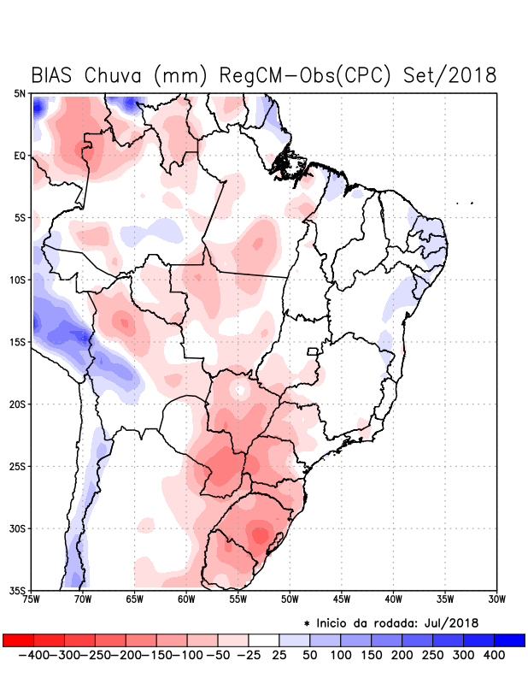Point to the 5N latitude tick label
[x=20, y=93]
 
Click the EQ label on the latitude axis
[x=20, y=156]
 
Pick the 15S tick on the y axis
[x=18, y=342]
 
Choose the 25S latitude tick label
[x=18, y=467]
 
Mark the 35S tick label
[x=18, y=591]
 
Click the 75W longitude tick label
[x=32, y=599]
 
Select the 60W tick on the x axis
[x=186, y=599]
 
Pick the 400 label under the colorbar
[x=494, y=655]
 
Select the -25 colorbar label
[x=248, y=655]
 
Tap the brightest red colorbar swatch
[x=18, y=640]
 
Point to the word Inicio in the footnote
[x=332, y=622]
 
